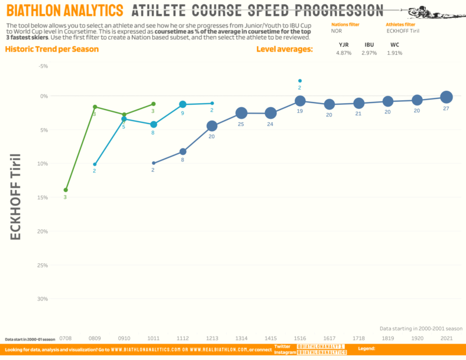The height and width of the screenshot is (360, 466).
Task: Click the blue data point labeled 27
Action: pyautogui.click(x=446, y=97)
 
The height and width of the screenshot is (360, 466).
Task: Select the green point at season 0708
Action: pyautogui.click(x=66, y=190)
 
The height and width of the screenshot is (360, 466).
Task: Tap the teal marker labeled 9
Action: pyautogui.click(x=183, y=104)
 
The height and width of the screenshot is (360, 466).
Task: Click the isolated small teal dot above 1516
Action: pyautogui.click(x=300, y=81)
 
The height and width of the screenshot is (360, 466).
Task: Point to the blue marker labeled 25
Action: pyautogui.click(x=241, y=112)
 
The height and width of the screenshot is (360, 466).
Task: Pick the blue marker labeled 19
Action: pyautogui.click(x=300, y=101)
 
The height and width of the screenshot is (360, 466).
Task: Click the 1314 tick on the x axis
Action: pyautogui.click(x=241, y=338)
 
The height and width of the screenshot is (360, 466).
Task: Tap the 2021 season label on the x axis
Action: pyautogui.click(x=446, y=338)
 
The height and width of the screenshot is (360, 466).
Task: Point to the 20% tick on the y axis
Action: pyautogui.click(x=42, y=231)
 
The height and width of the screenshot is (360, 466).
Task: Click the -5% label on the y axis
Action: pyautogui.click(x=42, y=66)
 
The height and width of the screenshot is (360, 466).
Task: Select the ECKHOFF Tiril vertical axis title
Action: pyautogui.click(x=17, y=197)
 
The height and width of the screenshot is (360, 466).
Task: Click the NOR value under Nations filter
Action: pyautogui.click(x=337, y=31)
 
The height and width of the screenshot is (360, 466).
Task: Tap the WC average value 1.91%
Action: pyautogui.click(x=394, y=53)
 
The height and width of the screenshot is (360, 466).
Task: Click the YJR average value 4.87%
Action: pyautogui.click(x=344, y=53)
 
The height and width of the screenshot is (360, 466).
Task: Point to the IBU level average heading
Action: pyautogui.click(x=369, y=44)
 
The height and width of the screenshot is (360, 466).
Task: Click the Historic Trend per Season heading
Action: pyautogui.click(x=52, y=49)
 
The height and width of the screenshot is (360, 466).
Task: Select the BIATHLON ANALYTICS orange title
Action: pyautogui.click(x=65, y=10)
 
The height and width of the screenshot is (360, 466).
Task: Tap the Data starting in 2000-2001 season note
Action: pyautogui.click(x=421, y=328)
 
